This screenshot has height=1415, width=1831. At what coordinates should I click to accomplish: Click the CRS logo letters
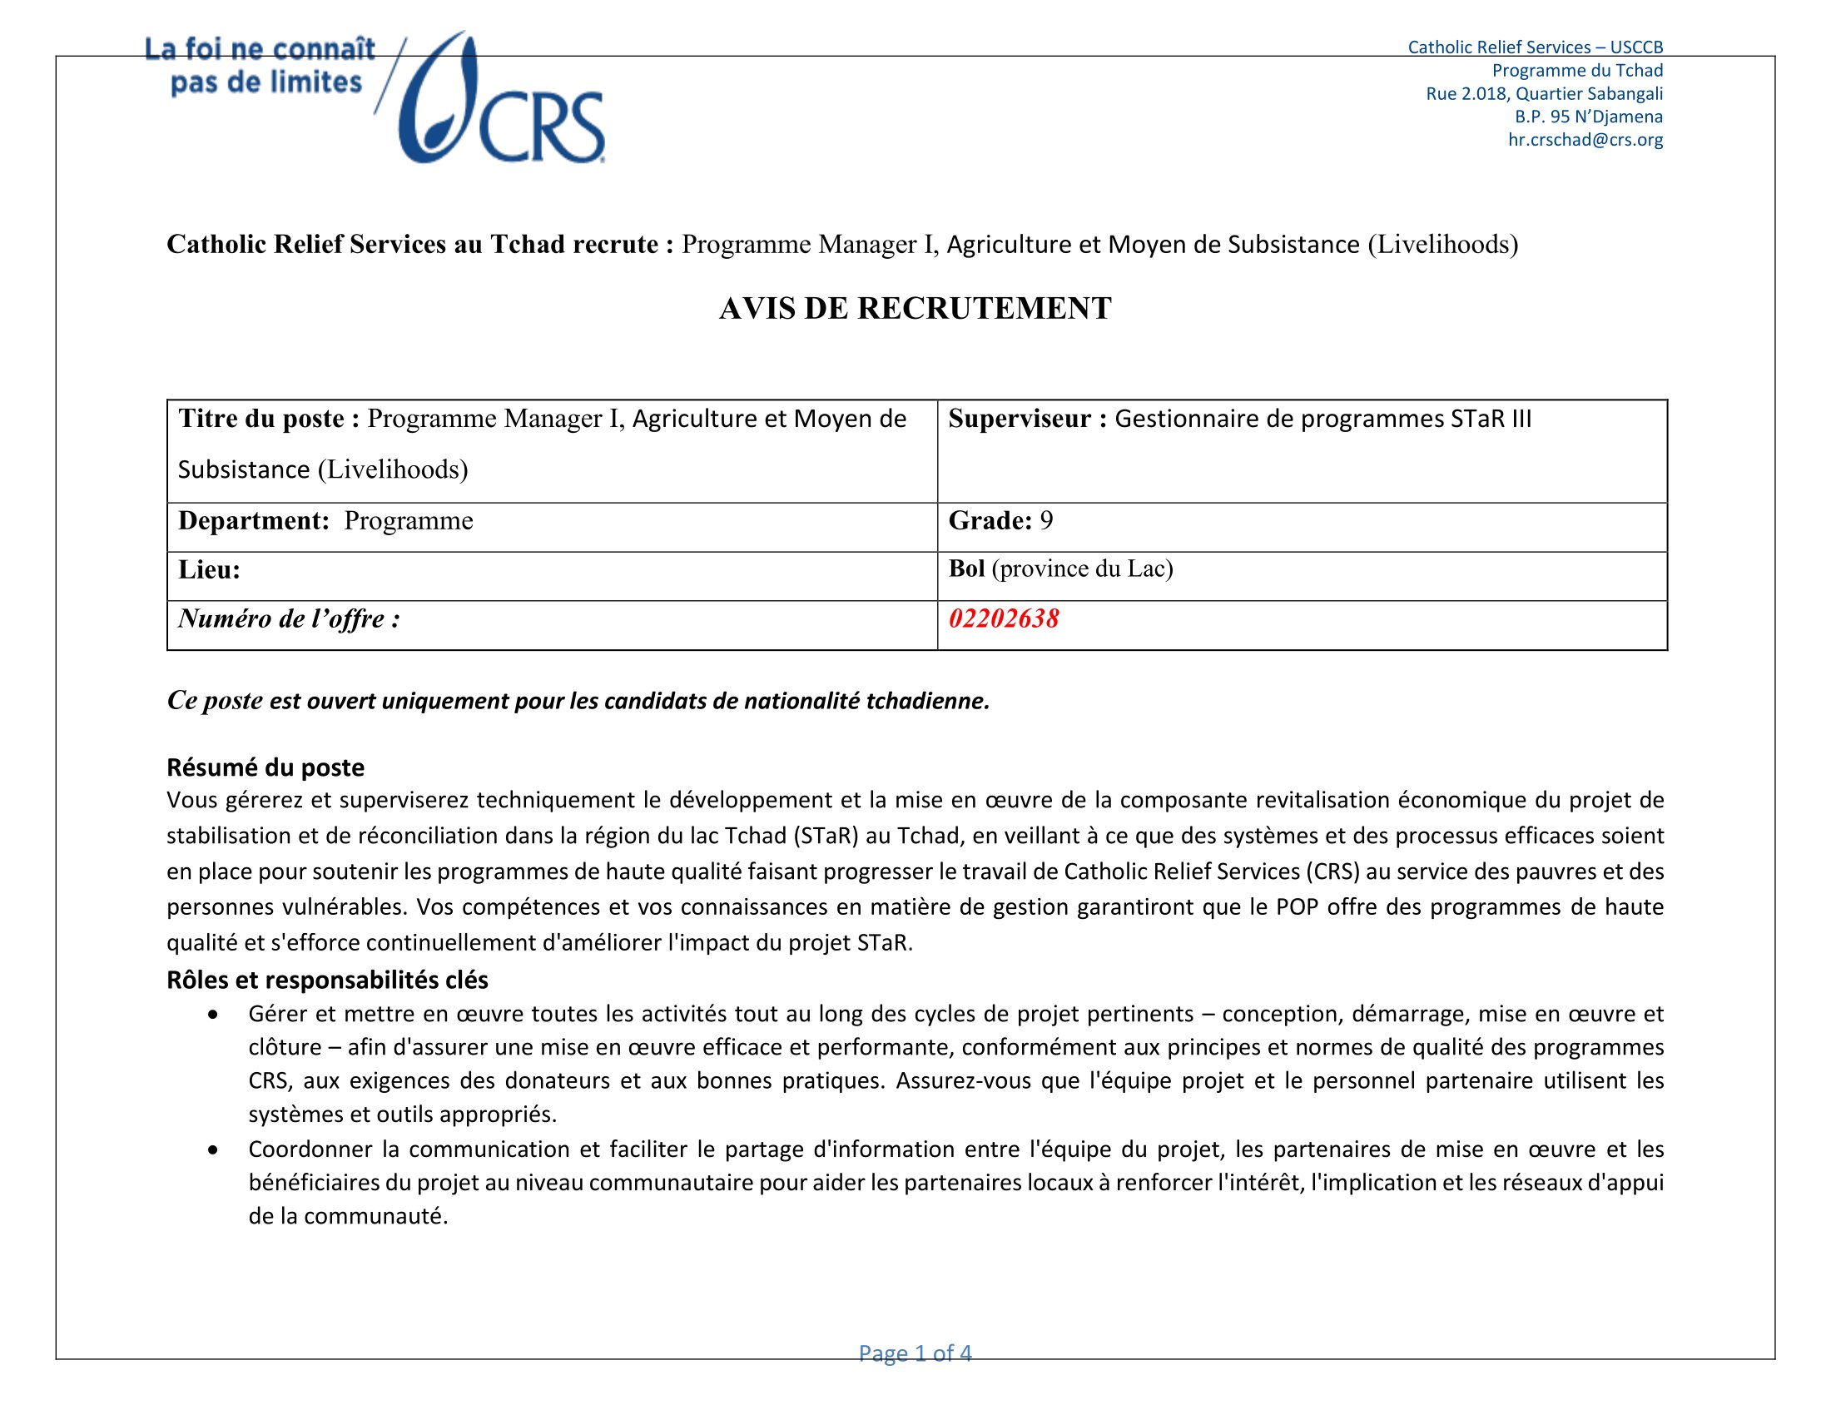tap(541, 127)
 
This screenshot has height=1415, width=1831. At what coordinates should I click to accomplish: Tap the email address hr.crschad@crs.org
tap(1585, 140)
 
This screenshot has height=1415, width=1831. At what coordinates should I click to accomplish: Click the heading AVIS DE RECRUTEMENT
tap(915, 309)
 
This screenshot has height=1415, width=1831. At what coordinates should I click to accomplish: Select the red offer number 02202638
tap(1004, 618)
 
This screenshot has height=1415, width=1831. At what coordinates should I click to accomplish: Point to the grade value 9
tap(1046, 520)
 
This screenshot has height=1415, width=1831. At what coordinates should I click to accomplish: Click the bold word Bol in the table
tap(965, 568)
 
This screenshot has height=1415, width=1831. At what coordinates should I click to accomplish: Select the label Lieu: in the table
tap(209, 570)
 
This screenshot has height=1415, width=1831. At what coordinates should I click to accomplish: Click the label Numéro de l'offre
tap(289, 618)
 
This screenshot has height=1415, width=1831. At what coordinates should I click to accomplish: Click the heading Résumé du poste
tap(265, 767)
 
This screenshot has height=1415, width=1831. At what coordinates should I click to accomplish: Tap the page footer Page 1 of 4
tap(915, 1353)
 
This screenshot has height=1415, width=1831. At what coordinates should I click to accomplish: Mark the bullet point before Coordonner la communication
tap(214, 1150)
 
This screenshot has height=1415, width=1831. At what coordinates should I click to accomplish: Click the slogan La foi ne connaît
tap(260, 49)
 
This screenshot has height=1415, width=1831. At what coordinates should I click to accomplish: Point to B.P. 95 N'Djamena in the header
tap(1588, 117)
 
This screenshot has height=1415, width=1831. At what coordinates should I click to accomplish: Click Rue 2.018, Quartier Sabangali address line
tap(1544, 94)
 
